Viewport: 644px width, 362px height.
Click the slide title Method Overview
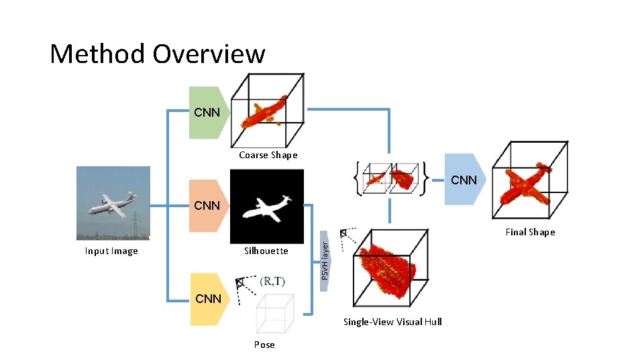click(x=158, y=54)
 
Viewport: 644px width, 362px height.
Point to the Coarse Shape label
click(x=268, y=156)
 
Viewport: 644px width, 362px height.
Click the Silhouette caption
click(x=266, y=251)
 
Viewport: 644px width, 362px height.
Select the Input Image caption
click(x=111, y=251)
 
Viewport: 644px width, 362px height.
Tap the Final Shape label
click(x=530, y=233)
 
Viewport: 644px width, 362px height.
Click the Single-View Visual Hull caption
click(x=392, y=322)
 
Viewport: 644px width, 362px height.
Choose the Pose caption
click(x=264, y=345)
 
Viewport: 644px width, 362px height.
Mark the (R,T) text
click(x=272, y=281)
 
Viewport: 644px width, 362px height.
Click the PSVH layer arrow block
click(x=325, y=261)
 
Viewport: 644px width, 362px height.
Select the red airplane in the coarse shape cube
click(x=265, y=112)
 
